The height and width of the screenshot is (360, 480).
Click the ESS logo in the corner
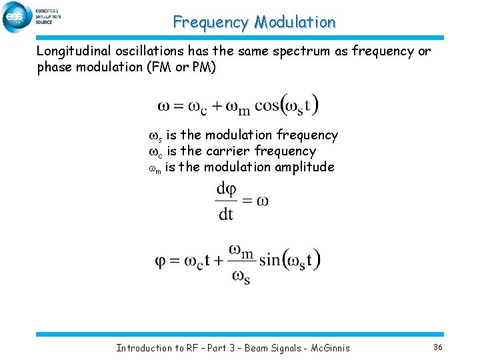(x=17, y=17)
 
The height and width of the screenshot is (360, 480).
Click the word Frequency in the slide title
(x=210, y=22)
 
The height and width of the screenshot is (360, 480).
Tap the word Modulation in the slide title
(x=295, y=22)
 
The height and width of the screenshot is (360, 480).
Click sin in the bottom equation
(x=270, y=260)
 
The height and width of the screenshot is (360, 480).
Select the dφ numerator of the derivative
(x=226, y=190)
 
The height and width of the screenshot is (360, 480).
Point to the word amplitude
(x=303, y=167)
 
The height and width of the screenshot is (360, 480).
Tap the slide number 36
(x=438, y=347)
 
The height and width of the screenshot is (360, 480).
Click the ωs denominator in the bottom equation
(x=240, y=276)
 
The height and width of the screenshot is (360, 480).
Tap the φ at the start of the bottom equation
(x=160, y=261)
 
